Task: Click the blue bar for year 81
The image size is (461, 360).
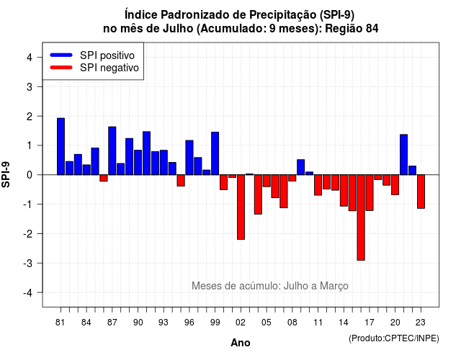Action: [x=61, y=146]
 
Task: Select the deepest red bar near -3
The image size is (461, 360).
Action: [x=361, y=217]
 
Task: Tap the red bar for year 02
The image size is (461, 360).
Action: [x=241, y=207]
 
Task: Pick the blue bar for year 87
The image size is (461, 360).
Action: [x=112, y=150]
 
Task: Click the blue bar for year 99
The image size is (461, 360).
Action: [x=215, y=153]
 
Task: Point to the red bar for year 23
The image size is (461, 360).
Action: [x=421, y=192]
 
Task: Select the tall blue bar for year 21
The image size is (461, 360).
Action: [x=403, y=155]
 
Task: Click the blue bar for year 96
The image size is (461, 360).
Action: [x=189, y=158]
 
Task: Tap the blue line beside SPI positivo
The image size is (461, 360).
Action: [x=61, y=55]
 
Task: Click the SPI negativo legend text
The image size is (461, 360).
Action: [x=109, y=68]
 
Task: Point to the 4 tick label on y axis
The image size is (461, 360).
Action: [x=30, y=58]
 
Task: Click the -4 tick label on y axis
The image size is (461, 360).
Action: [x=28, y=293]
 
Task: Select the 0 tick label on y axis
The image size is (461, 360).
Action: [x=30, y=175]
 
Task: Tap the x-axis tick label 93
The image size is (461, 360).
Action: [x=164, y=323]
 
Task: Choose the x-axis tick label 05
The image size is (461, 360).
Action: [x=266, y=323]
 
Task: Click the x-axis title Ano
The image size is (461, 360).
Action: [x=241, y=343]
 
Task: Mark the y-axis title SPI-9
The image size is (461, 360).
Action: [x=6, y=174]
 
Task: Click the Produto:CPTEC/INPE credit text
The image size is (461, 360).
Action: [x=394, y=338]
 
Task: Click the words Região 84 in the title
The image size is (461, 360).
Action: [x=352, y=29]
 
